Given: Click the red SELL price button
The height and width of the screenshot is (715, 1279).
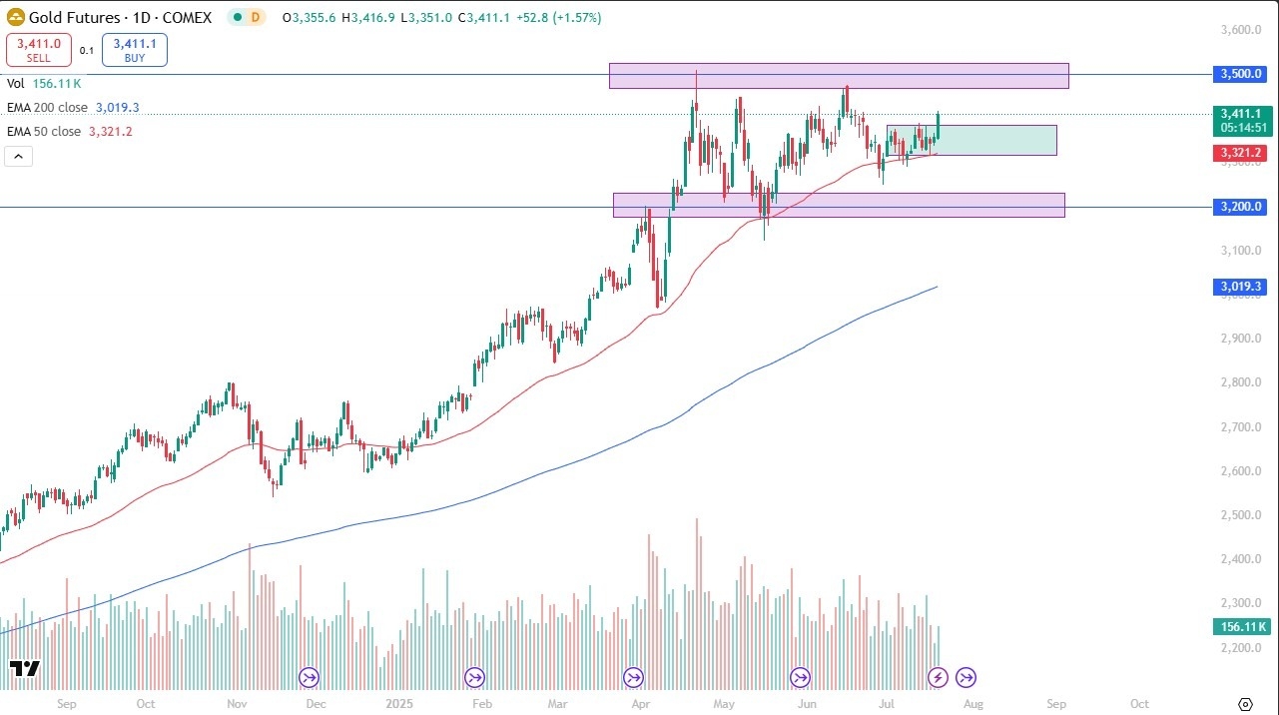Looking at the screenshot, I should point(38,50).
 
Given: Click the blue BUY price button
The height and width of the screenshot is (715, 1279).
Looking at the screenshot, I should point(134,50).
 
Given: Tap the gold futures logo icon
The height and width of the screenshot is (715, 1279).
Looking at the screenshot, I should point(16,17).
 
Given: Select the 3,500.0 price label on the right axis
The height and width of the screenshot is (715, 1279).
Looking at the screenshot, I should point(1240,74).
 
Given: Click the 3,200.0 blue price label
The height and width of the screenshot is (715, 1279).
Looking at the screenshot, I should point(1240,207).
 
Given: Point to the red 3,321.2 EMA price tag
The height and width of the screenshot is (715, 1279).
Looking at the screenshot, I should point(1240,153).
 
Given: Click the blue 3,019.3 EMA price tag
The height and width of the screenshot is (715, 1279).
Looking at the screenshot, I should point(1240,287).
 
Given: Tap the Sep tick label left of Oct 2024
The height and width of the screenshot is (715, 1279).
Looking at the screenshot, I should point(67,703).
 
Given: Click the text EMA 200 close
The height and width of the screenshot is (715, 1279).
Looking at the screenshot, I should point(47,107).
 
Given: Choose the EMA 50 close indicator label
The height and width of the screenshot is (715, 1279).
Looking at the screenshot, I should point(44,131).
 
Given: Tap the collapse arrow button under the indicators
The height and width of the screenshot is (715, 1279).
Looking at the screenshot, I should point(19,156).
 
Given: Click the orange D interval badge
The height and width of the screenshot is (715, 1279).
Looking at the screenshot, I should point(255,17).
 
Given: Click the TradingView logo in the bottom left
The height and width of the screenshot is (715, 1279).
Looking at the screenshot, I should point(24,668).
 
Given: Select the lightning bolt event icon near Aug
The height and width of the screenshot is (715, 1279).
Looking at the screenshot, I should point(938,678).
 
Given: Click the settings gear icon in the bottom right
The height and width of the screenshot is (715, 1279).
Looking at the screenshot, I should point(1245,704).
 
